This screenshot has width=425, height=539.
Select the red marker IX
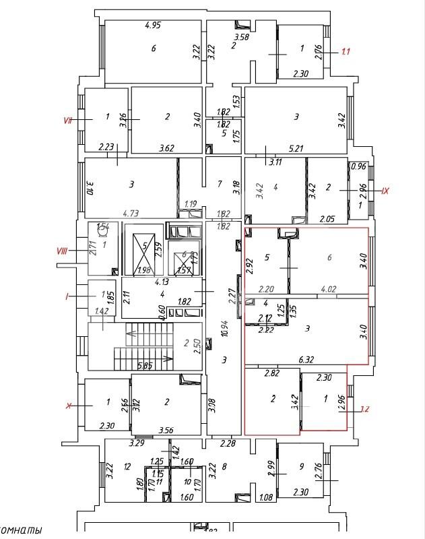point(385,191)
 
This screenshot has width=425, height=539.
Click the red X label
point(68,406)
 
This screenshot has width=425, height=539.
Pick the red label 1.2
point(364,408)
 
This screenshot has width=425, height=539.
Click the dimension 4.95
point(156,26)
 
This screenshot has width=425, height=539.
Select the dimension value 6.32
point(308,360)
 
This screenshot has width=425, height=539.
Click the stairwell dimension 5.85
point(144,367)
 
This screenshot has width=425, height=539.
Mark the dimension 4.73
point(131,214)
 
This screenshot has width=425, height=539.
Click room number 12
point(126,466)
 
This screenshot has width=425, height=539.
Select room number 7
point(220,183)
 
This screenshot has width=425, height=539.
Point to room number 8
point(224,466)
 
